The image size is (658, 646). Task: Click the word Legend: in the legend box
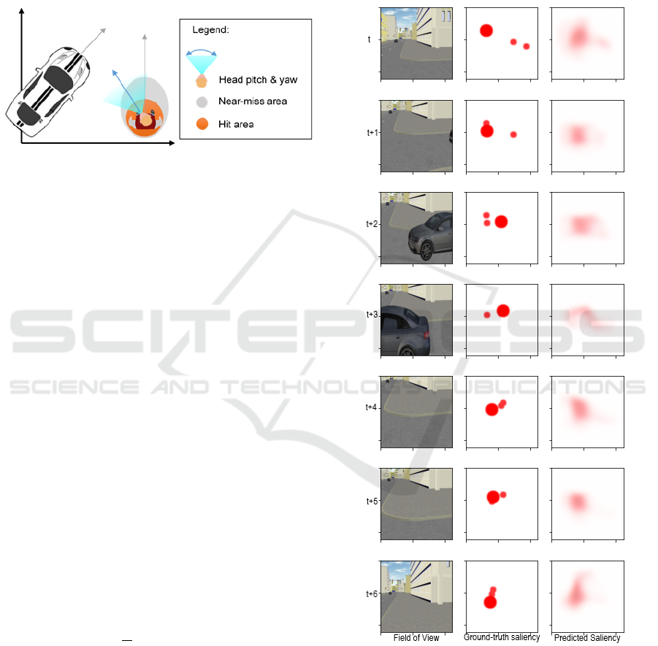point(210,30)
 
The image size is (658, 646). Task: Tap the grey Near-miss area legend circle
point(202,102)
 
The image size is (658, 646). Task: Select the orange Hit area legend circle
point(202,124)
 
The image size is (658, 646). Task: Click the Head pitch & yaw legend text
point(258,80)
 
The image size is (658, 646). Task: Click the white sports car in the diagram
point(48,91)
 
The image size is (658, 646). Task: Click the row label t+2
point(372,224)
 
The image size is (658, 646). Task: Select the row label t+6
point(372,593)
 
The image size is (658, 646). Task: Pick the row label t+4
point(372,407)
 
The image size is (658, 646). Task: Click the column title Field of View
point(416,638)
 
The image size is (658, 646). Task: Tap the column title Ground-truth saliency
point(502,637)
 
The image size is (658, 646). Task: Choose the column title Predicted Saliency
point(587,638)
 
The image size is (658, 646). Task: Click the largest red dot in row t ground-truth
point(486,31)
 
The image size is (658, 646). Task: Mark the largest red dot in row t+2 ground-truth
point(501,222)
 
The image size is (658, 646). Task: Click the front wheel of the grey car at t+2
point(426,251)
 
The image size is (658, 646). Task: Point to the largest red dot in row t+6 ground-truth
point(490,602)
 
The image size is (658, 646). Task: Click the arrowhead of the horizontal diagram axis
point(172,143)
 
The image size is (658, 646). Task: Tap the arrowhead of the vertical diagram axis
point(21,12)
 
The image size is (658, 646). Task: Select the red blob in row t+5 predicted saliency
point(578,501)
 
